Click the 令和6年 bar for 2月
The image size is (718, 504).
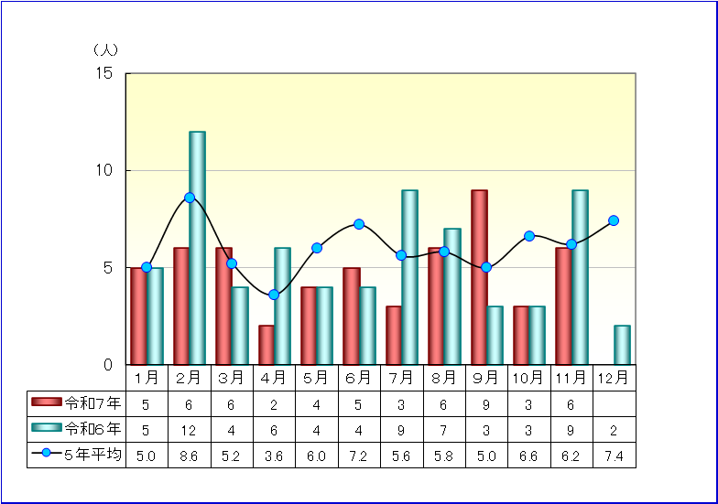click(x=197, y=248)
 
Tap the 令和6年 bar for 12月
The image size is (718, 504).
click(x=622, y=345)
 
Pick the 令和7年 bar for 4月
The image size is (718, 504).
click(x=267, y=345)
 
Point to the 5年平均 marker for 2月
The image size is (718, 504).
click(x=190, y=198)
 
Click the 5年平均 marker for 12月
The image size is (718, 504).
click(x=614, y=220)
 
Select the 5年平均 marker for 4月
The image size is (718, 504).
click(x=274, y=295)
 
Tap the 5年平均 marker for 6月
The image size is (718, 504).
click(x=359, y=224)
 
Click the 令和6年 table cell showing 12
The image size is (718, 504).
click(x=190, y=428)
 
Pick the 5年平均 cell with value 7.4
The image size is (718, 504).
click(x=614, y=455)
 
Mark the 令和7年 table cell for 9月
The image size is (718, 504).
click(x=486, y=402)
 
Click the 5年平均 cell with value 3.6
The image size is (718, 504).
click(x=274, y=455)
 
